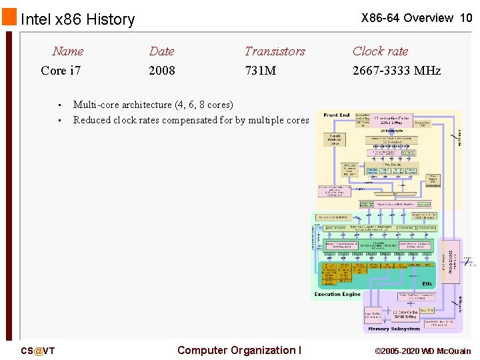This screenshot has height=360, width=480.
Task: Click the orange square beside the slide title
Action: pos(9,17)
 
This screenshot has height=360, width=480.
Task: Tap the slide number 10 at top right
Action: pos(465,18)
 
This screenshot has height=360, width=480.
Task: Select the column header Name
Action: pos(68,51)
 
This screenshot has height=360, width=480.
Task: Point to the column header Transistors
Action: pos(275,51)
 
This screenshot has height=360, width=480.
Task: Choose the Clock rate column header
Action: pos(380,51)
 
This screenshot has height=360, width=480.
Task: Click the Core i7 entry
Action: pos(61,70)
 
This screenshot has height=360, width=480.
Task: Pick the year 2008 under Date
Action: pos(162,70)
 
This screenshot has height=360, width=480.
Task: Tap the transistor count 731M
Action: pos(260,70)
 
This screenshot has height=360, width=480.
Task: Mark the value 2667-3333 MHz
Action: pos(397,70)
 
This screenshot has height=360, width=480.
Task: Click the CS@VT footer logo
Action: pos(38,351)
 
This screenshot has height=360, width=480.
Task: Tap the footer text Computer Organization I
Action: pos(239,350)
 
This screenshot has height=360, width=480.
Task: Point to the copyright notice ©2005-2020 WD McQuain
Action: pos(423,351)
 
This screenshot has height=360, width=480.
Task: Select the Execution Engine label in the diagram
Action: pos(337,294)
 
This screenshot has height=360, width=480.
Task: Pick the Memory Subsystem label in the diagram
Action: pos(393,329)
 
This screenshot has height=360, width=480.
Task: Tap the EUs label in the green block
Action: pos(426,283)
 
